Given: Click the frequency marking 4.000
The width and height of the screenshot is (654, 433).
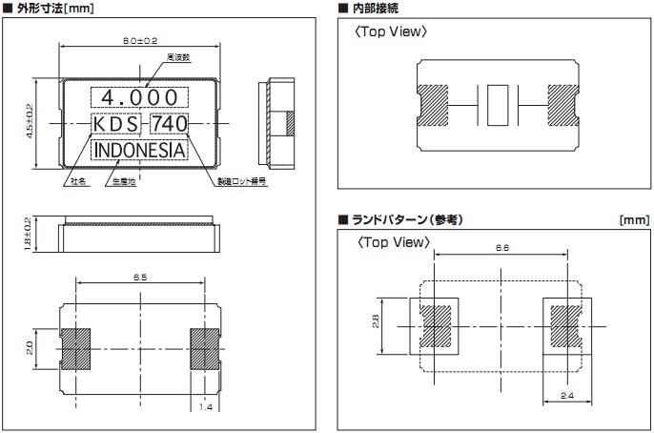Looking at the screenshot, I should [x=139, y=97].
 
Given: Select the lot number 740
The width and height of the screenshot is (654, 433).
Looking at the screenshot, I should [x=170, y=124].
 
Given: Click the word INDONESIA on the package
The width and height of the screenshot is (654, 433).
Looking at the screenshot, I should [x=139, y=151].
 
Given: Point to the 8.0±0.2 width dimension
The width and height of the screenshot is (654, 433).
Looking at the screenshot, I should [x=140, y=42].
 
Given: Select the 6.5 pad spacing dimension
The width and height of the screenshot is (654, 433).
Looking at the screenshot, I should [x=139, y=277].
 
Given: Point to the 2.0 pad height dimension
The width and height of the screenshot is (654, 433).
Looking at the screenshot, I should [x=30, y=347].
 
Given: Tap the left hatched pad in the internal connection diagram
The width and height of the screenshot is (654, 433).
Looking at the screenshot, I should [x=436, y=104].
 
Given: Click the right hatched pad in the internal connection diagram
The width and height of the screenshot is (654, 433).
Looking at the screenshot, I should [x=560, y=104].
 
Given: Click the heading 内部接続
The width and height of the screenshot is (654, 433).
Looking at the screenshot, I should [x=376, y=9].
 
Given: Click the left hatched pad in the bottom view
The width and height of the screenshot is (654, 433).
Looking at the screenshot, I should [x=76, y=347].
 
